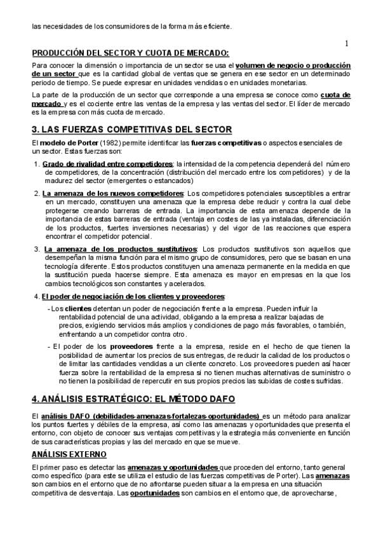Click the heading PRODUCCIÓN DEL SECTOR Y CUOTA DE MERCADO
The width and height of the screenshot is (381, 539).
[x=130, y=53]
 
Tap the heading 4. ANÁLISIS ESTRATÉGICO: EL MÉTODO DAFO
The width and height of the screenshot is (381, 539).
[x=133, y=399]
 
